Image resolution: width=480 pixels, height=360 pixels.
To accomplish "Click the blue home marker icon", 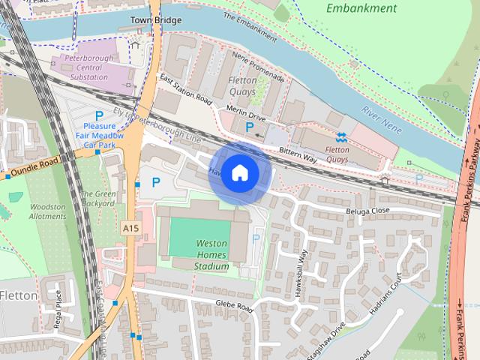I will [239, 173].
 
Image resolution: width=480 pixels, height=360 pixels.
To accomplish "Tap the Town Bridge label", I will [155, 20].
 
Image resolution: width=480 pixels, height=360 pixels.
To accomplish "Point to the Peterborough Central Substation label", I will [87, 68].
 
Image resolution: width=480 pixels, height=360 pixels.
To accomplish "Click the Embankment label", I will [362, 8].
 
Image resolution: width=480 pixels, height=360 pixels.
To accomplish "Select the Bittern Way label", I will [299, 154].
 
